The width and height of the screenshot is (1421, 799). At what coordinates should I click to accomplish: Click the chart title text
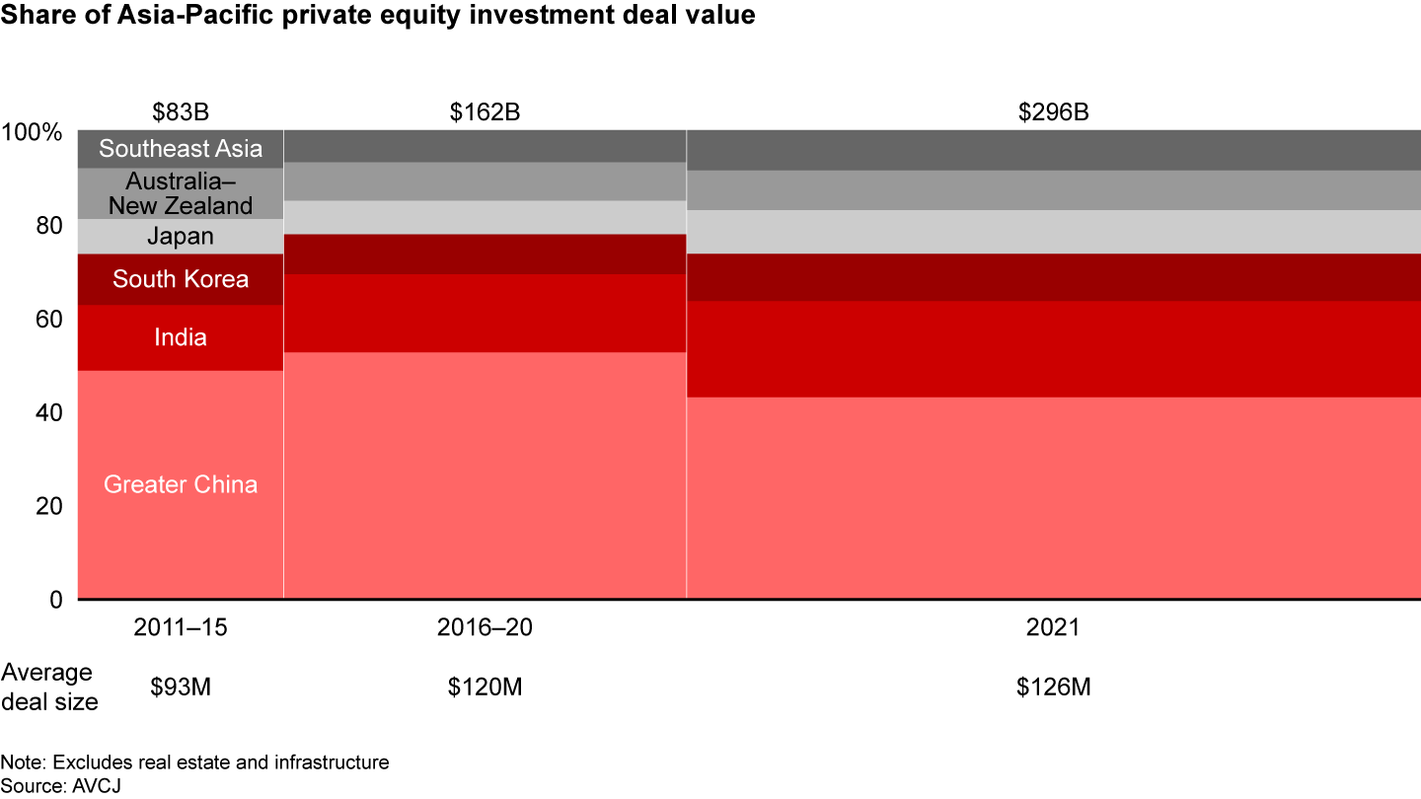coord(378,17)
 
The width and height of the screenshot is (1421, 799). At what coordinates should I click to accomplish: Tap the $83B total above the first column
coord(180,111)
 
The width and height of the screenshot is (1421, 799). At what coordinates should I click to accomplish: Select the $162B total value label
coord(485,111)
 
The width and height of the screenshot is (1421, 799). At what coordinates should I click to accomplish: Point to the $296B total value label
coord(1053,111)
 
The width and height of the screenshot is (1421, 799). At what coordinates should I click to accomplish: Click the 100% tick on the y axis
coord(33,132)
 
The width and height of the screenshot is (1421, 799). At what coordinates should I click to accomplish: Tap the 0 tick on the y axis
coord(55,599)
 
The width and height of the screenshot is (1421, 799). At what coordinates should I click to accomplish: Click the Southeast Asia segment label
coord(181,149)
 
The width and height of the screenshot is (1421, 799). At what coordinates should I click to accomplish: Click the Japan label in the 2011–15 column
coord(181,236)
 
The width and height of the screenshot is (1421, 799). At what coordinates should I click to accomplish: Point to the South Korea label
coord(181,279)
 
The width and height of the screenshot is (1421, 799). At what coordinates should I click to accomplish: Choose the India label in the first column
coord(181,337)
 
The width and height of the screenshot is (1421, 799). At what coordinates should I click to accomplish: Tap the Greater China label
coord(181,484)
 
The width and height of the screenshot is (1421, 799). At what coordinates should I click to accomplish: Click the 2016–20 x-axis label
coord(485,628)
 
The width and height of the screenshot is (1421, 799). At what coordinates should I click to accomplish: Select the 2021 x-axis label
coord(1053,628)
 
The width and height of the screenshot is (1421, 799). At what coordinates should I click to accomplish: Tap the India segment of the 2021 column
coord(1053,349)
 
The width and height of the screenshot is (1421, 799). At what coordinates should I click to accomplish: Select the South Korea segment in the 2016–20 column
coord(485,254)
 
